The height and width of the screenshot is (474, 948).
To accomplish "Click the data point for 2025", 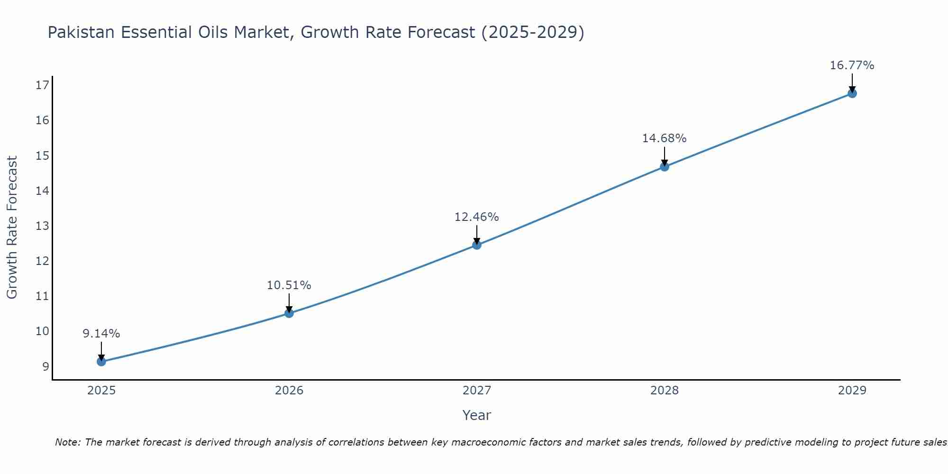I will click(x=101, y=362).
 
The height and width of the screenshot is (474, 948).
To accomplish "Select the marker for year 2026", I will click(x=289, y=313).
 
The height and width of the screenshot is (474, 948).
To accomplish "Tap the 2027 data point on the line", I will click(x=477, y=245).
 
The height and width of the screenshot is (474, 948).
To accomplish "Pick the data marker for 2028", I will click(x=665, y=166).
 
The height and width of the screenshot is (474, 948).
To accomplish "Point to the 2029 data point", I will click(x=852, y=93).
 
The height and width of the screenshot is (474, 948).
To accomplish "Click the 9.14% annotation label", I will click(x=101, y=334).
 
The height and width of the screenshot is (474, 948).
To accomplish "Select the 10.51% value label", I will click(x=289, y=285).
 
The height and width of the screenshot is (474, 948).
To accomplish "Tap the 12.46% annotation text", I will click(x=477, y=217).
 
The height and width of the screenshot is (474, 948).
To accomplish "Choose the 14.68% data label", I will click(x=665, y=138).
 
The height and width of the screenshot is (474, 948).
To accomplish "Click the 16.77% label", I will click(x=852, y=65).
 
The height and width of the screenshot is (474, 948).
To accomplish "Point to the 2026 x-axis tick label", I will click(x=289, y=391).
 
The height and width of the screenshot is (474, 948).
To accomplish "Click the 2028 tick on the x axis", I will click(x=665, y=391).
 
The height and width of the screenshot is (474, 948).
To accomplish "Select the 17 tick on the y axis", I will click(x=43, y=85).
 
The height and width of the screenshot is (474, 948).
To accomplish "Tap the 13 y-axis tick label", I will click(x=43, y=226).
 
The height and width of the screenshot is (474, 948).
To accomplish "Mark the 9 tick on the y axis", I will click(x=46, y=366).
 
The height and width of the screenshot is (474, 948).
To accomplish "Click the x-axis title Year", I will click(x=477, y=415).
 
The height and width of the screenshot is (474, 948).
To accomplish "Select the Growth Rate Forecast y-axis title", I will click(x=12, y=228).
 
